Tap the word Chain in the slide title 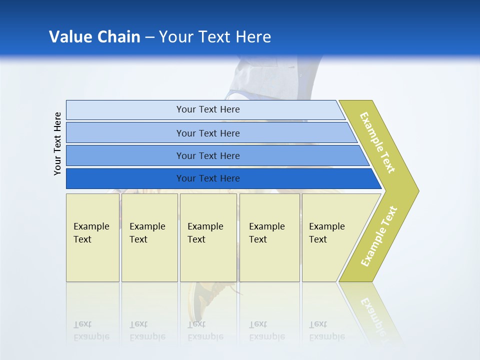point(119,36)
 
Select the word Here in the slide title point(253,36)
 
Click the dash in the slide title point(149,37)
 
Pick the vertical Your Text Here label point(57,143)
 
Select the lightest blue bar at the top point(205,110)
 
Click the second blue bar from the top point(211,132)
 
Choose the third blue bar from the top point(217,155)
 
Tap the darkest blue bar point(224,178)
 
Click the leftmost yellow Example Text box point(93,237)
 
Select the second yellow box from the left point(149,237)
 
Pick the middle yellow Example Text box point(208,237)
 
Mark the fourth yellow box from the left point(269,237)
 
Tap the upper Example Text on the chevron point(377,142)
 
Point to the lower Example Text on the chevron point(379,236)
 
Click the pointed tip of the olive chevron point(418,191)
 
